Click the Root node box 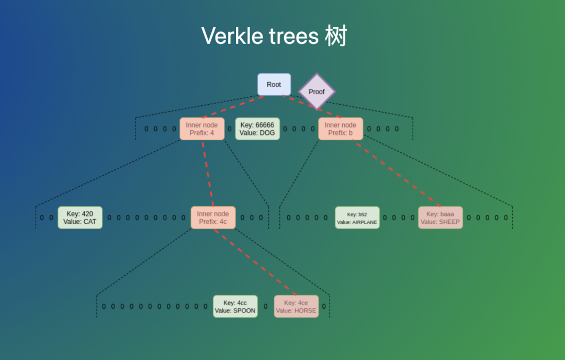point(274,84)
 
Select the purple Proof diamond point(317,92)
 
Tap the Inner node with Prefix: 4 point(202,129)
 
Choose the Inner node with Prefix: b point(341,129)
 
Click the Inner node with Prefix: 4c point(213,218)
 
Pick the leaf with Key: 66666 point(257,129)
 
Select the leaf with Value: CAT point(80,218)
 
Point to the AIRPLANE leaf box point(357,218)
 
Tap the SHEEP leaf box point(440,218)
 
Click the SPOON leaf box point(235,307)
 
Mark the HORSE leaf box point(296,307)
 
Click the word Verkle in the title point(231,36)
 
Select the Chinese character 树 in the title point(336,36)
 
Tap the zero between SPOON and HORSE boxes point(266,307)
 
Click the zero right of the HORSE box point(324,307)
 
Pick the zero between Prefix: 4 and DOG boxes point(230,129)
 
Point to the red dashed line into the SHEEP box point(398,173)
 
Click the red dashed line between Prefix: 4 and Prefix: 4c point(207,173)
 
